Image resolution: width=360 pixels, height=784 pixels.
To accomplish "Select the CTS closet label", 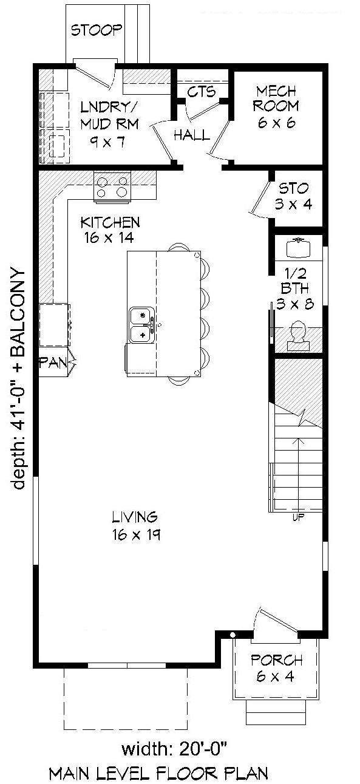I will tap(201, 92).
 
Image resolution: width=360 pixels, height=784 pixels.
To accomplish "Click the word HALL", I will tap(192, 135).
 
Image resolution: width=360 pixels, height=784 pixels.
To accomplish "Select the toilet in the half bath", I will tap(298, 335).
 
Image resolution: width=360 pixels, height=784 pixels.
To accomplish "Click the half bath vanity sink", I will tap(298, 247).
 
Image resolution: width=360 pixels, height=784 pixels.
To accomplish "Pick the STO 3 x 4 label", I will tap(293, 196).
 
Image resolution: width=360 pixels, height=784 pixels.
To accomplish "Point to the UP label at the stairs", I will tap(298, 517).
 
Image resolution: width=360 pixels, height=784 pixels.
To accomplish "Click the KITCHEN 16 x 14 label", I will tap(110, 230).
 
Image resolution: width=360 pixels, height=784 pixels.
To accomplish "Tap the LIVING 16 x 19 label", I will tap(135, 525).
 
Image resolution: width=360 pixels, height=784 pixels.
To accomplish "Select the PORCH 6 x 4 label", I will tap(276, 667).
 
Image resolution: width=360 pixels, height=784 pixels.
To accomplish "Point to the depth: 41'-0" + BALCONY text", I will tap(18, 378).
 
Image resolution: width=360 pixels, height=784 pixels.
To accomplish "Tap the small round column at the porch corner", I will tap(233, 635).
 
